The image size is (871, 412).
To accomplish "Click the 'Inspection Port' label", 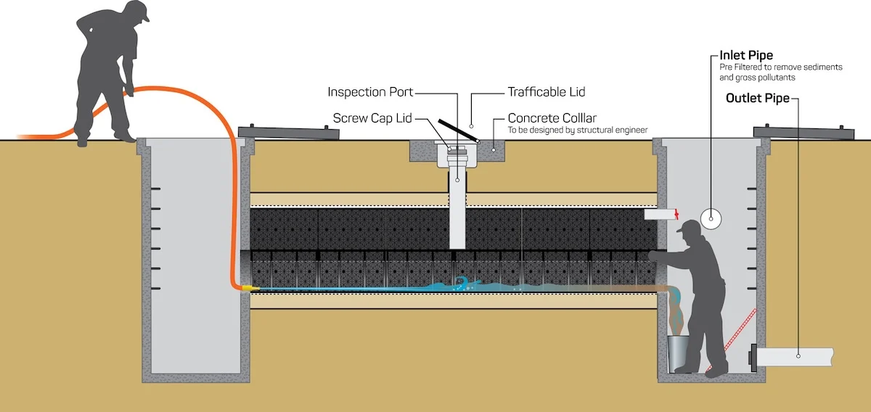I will click(x=370, y=92).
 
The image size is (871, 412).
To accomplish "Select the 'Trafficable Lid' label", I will click(x=546, y=92).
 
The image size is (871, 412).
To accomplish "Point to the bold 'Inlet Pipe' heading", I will click(x=746, y=55).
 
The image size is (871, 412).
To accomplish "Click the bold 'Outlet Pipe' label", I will click(x=757, y=99).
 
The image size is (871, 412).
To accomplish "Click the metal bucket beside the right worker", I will click(x=679, y=351).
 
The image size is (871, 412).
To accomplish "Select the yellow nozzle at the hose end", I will click(x=249, y=288).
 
